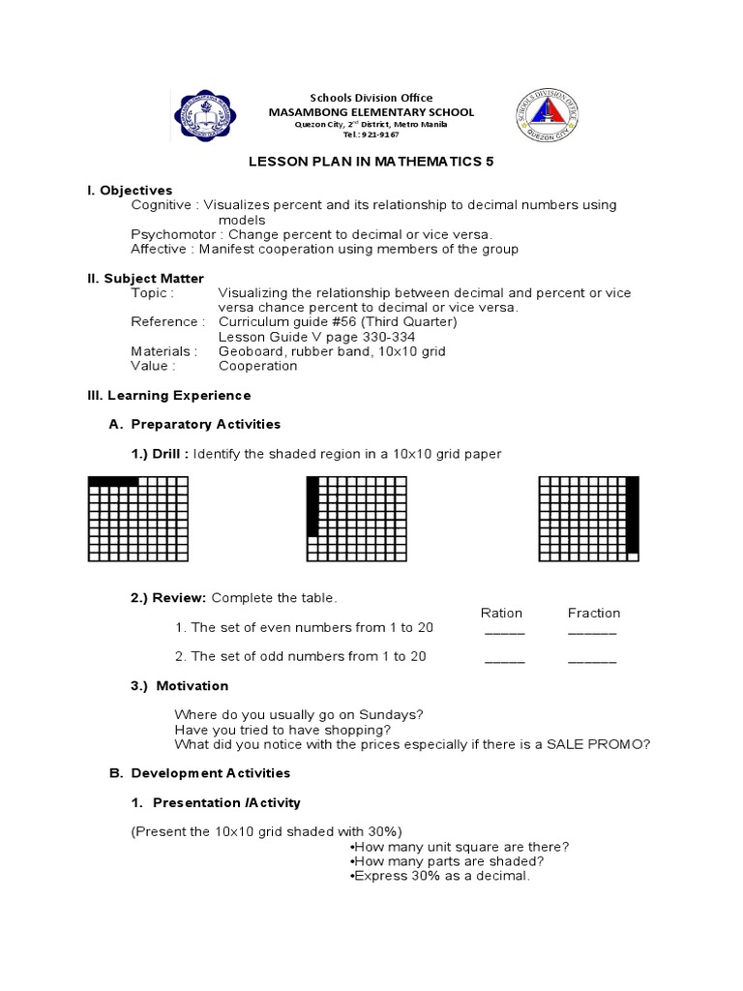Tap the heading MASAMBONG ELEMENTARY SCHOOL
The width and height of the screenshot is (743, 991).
click(371, 112)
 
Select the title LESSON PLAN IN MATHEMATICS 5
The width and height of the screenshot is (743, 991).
click(371, 163)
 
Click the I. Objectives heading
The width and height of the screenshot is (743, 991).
click(130, 191)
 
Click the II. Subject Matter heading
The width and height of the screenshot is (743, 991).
click(146, 279)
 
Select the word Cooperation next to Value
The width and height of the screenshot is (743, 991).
click(258, 366)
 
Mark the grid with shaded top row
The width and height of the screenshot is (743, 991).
click(138, 519)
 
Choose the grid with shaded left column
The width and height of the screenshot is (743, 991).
click(357, 519)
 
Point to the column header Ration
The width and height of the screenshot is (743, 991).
click(501, 613)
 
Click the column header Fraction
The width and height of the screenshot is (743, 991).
click(594, 613)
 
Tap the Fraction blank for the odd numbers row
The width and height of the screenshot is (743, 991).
click(591, 661)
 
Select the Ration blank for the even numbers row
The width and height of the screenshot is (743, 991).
click(504, 632)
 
